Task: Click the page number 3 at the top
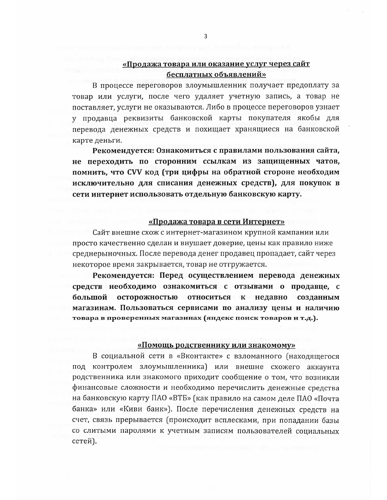coord(205,37)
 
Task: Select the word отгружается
coord(246,264)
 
